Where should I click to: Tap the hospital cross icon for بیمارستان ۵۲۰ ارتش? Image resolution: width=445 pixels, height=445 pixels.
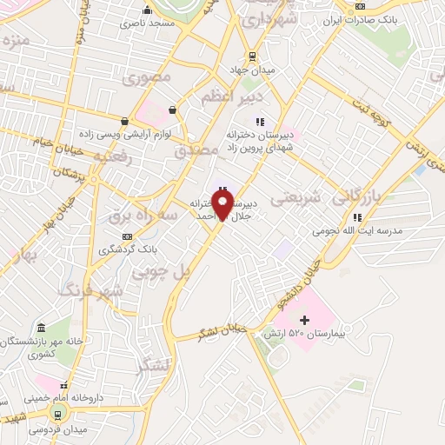coord(304,321)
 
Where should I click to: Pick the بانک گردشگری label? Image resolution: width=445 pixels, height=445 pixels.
coord(128,249)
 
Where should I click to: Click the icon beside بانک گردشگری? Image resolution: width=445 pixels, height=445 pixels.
coord(128,236)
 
